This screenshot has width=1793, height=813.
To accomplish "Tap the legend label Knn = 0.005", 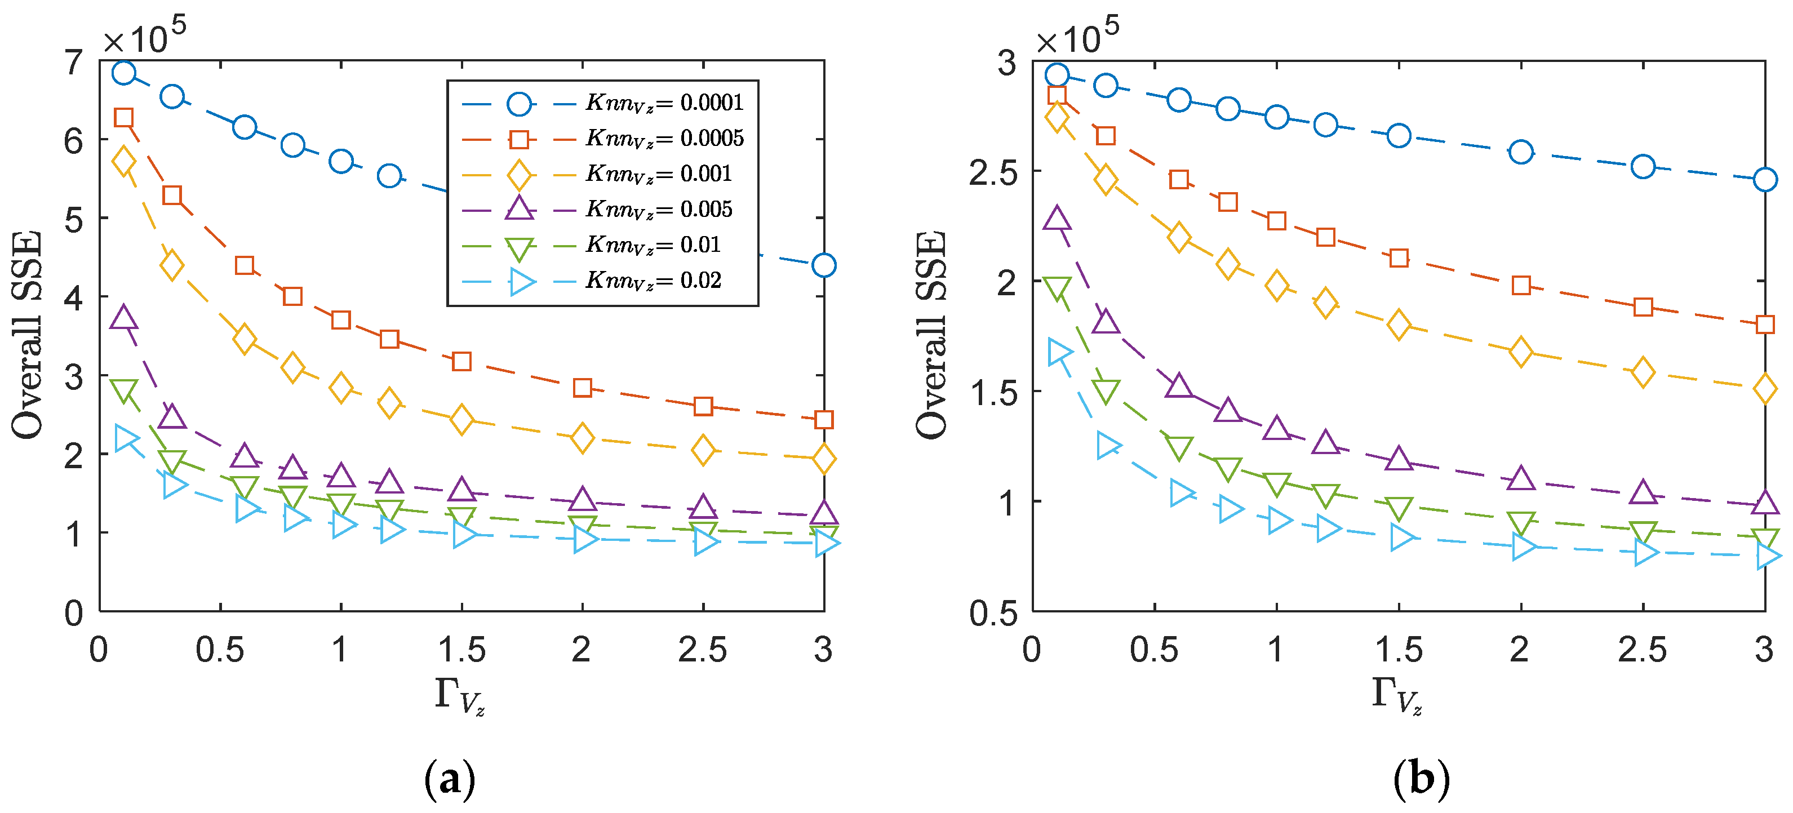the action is (x=659, y=210).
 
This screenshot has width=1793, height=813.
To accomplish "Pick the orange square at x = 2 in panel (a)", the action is (x=583, y=388).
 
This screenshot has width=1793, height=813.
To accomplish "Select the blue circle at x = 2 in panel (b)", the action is (x=1521, y=152).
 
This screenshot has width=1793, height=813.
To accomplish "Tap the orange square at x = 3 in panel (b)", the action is (x=1764, y=325).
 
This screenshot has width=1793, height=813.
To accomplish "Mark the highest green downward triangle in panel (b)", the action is (x=1057, y=287).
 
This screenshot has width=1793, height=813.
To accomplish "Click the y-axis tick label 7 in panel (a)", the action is (x=74, y=63).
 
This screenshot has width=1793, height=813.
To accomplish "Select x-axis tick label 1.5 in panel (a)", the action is (x=461, y=650).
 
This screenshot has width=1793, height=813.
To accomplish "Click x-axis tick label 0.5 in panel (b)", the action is (x=1154, y=650).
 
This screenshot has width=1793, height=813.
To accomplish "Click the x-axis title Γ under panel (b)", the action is (x=1396, y=696).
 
